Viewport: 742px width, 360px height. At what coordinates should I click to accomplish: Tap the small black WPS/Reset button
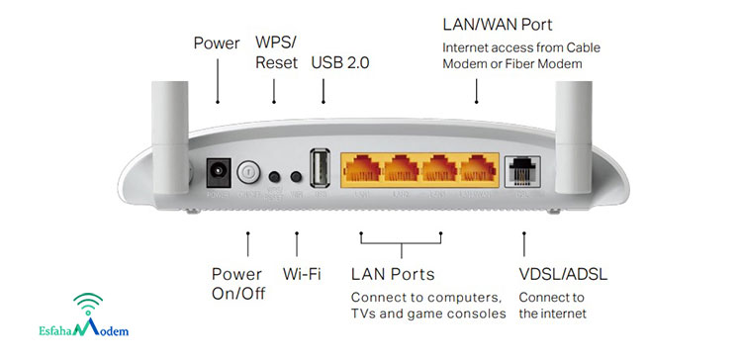click(275, 175)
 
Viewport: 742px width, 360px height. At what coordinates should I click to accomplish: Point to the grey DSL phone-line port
click(520, 172)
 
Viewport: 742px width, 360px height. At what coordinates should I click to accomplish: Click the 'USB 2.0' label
click(342, 63)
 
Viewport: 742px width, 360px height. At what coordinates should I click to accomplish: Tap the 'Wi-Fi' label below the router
click(301, 274)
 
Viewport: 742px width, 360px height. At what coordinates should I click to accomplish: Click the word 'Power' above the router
click(217, 44)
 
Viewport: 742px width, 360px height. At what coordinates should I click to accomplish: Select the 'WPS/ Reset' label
click(276, 53)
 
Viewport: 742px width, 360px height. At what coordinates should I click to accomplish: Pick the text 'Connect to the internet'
click(552, 306)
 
